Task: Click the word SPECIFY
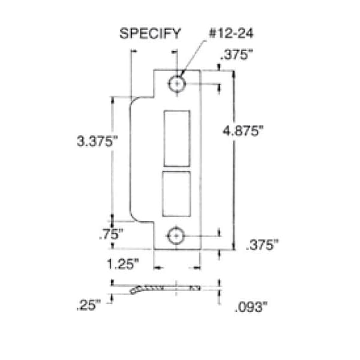(150, 34)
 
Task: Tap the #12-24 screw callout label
(231, 34)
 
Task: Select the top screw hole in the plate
(176, 84)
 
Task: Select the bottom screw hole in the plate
(176, 236)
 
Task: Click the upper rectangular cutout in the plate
(177, 139)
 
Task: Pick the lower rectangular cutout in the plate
(176, 194)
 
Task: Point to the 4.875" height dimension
(243, 131)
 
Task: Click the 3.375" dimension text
(97, 141)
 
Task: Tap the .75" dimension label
(111, 234)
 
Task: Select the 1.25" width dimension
(123, 264)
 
